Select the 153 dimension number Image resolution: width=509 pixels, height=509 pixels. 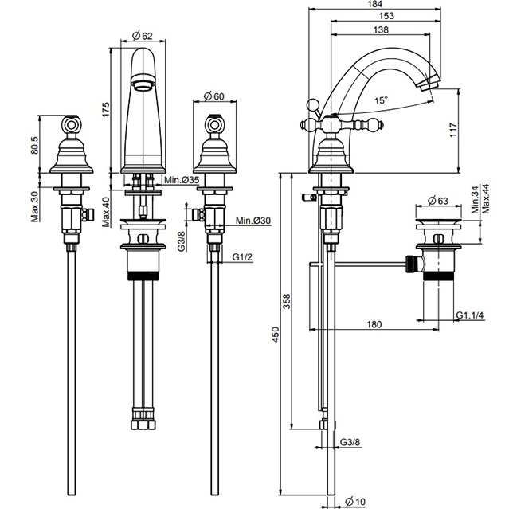[x=386, y=16]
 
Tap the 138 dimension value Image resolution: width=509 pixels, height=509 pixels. [x=381, y=29]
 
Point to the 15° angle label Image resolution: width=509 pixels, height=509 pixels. [x=381, y=100]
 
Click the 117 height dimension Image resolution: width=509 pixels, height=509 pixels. [x=453, y=130]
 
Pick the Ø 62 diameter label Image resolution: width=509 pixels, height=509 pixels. [x=143, y=36]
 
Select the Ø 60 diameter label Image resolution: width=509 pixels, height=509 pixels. [x=214, y=96]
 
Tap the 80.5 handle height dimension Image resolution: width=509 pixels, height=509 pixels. [x=35, y=145]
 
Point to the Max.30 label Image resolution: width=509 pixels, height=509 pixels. [x=35, y=206]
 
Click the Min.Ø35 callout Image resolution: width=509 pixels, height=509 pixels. [x=181, y=180]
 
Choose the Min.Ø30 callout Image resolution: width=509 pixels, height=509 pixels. [x=253, y=221]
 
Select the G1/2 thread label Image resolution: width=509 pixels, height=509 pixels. [x=242, y=257]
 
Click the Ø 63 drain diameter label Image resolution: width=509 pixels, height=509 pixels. [x=438, y=201]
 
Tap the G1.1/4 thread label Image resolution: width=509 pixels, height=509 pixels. [x=470, y=315]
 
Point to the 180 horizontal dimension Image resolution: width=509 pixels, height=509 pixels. [x=374, y=324]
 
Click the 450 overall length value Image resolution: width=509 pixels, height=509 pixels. [x=276, y=335]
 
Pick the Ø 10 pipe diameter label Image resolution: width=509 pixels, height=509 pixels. [x=355, y=502]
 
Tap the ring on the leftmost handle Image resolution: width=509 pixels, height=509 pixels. [x=70, y=124]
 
